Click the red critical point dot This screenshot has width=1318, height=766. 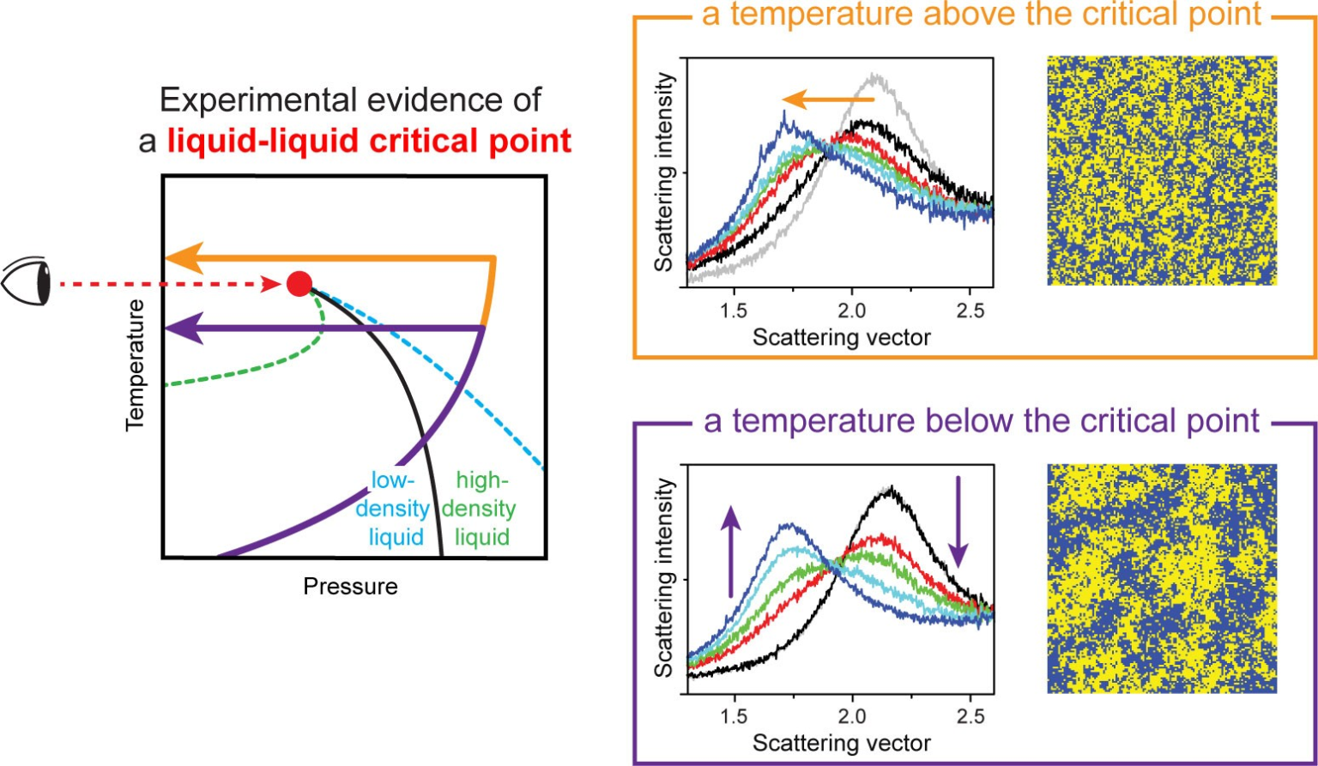(299, 283)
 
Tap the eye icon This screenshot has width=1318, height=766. (26, 282)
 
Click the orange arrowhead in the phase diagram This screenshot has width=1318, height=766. (181, 257)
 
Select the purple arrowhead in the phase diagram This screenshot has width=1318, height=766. (182, 328)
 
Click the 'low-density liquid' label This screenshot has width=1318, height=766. (393, 509)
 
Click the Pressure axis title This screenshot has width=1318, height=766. (350, 587)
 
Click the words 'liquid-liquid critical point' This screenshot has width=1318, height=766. (369, 139)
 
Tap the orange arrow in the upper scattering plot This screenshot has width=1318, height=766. (827, 100)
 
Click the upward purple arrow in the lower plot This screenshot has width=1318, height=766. (730, 549)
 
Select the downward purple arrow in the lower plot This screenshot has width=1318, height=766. (958, 523)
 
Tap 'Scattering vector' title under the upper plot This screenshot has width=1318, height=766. (841, 337)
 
